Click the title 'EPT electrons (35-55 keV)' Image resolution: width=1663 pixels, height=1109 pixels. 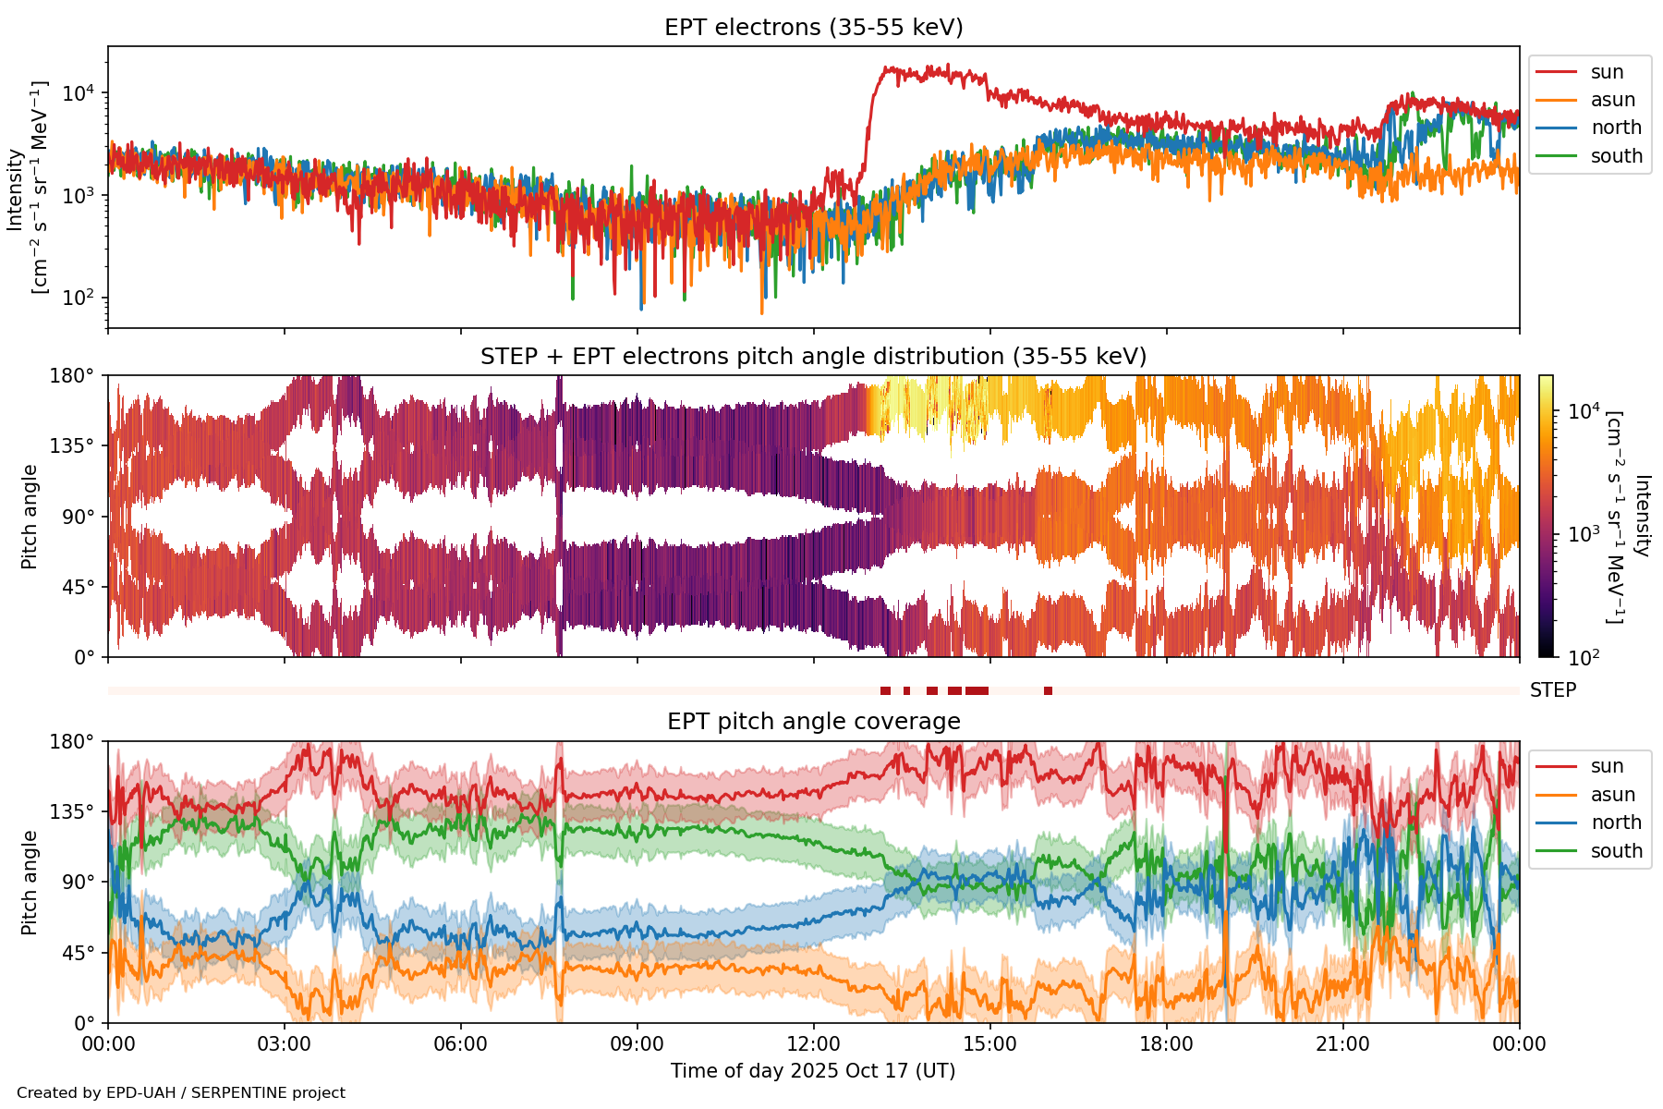813,28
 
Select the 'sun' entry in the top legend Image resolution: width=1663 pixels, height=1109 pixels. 1607,72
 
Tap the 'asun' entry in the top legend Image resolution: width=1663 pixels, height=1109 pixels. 1612,100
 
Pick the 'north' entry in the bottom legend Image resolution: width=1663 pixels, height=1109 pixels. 1616,823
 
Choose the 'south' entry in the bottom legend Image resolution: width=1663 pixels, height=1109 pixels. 1616,851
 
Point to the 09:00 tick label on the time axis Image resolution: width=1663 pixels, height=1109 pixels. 637,1044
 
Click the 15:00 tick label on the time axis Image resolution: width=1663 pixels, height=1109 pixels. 989,1044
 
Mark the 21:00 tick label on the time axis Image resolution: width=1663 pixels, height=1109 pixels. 1342,1044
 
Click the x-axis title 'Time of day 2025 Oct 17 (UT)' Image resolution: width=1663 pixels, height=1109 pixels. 813,1071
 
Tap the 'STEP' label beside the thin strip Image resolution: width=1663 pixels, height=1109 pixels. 1553,690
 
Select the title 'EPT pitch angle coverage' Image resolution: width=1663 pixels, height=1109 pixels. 813,722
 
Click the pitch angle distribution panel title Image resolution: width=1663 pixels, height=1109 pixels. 813,357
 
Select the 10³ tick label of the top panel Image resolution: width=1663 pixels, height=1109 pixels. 80,196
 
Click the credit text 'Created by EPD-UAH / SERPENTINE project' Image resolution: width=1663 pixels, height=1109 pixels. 181,1093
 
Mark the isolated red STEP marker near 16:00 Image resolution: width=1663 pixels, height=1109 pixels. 1048,691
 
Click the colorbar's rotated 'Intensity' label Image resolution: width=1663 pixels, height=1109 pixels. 1641,516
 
